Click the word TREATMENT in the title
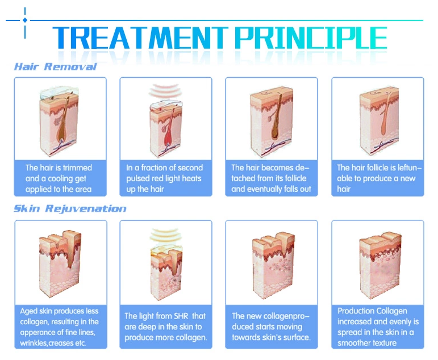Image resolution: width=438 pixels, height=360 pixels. (140, 38)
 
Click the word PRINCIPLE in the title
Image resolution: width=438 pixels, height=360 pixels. (311, 38)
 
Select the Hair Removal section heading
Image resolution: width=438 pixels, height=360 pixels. (55, 67)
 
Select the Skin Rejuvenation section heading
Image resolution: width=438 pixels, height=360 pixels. (70, 208)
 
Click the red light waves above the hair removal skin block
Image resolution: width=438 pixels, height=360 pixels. (164, 90)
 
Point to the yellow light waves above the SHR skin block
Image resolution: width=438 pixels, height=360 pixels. (164, 235)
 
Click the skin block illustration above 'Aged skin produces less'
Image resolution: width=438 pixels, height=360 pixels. (60, 262)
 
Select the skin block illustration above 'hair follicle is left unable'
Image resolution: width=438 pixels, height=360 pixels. (379, 121)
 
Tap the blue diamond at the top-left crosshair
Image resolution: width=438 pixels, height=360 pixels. (25, 20)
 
